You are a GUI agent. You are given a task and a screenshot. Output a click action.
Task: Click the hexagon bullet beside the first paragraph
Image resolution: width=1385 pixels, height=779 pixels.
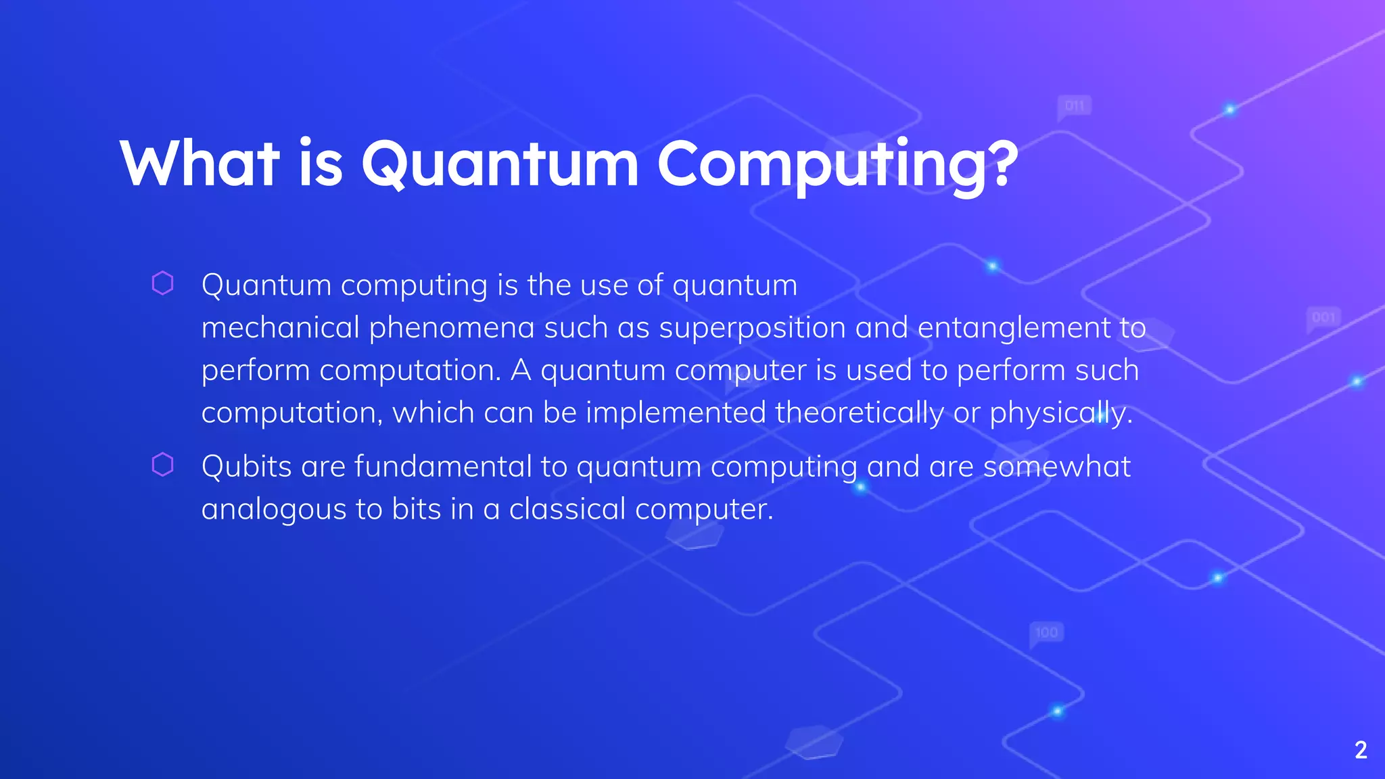[x=163, y=283]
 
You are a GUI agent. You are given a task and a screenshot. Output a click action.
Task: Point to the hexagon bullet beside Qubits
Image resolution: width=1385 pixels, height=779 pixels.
[x=163, y=465]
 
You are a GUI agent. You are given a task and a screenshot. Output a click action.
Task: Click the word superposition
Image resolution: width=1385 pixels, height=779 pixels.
[x=752, y=329]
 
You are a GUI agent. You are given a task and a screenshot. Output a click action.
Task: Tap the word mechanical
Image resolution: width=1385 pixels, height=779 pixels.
[x=280, y=328]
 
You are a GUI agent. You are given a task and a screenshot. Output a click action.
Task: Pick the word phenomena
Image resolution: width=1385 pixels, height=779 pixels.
[x=452, y=329]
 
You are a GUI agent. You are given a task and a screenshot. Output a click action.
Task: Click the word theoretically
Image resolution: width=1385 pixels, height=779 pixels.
[x=859, y=413]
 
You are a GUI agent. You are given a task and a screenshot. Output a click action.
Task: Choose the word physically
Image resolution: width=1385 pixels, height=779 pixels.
[x=1060, y=413]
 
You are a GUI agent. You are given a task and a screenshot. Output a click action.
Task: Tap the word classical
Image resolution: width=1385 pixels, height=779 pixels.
[x=567, y=509]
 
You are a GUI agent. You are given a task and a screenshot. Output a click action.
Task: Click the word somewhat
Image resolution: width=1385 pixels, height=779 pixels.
[x=1056, y=467]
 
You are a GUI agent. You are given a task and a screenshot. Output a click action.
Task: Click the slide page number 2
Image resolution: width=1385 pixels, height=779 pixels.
[x=1361, y=750]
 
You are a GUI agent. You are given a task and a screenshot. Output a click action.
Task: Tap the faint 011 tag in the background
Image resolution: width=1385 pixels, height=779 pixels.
[x=1075, y=106]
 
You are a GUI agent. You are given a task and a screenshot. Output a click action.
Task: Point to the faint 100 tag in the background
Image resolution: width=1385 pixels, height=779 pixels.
[x=1046, y=633]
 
